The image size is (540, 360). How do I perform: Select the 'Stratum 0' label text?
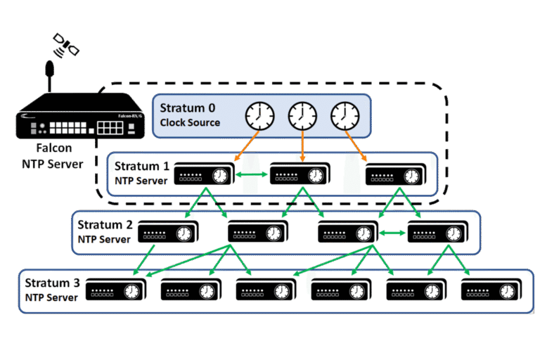[187, 108]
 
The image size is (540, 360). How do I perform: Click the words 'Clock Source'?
[190, 122]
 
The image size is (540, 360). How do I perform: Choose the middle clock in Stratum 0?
[302, 115]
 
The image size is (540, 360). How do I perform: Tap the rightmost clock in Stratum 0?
[344, 115]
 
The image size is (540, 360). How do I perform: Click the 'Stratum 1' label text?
[143, 167]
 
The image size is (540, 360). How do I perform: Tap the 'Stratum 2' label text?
[105, 226]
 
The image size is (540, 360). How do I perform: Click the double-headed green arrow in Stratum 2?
[394, 232]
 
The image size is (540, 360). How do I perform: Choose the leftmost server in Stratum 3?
[115, 290]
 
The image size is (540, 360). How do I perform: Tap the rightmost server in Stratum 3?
[491, 290]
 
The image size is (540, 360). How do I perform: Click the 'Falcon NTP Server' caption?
[54, 157]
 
